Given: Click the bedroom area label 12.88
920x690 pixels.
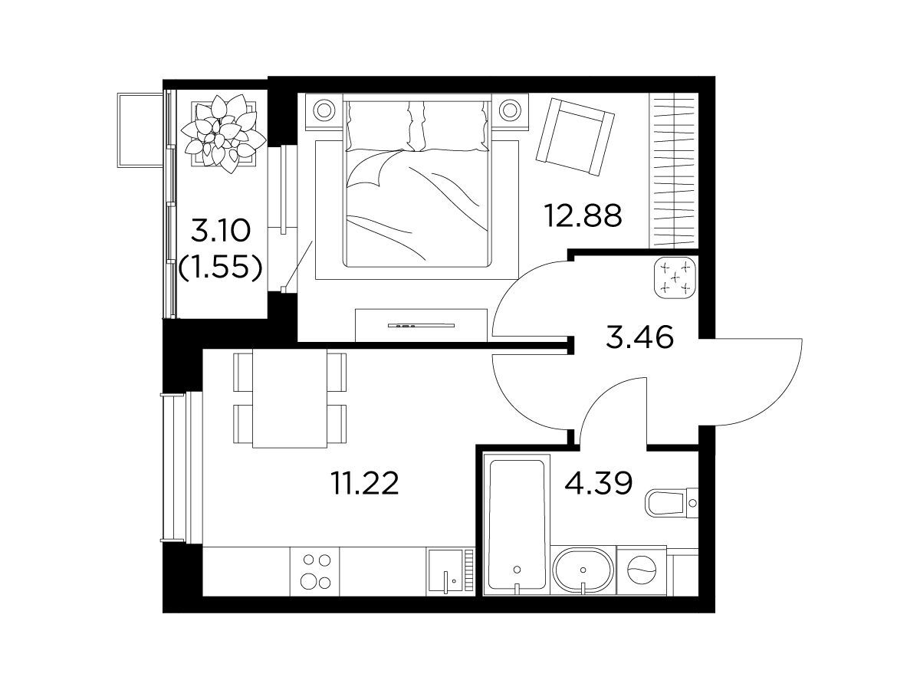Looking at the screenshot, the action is click(x=583, y=215).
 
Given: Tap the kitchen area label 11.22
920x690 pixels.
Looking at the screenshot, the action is click(x=365, y=483).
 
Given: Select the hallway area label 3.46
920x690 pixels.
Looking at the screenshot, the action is click(x=639, y=337).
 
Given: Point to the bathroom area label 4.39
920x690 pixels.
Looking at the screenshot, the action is click(x=598, y=483).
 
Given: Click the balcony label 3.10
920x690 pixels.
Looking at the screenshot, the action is click(x=221, y=231).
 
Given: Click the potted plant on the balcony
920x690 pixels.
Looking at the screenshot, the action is click(x=223, y=133).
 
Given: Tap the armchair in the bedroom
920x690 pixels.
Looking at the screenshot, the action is click(x=575, y=136).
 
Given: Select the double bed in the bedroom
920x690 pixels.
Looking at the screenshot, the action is click(x=417, y=180).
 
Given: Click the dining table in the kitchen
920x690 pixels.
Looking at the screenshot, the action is click(x=289, y=398).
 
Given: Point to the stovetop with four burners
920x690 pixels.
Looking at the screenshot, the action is click(x=315, y=571).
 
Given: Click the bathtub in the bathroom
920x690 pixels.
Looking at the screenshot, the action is click(x=517, y=524).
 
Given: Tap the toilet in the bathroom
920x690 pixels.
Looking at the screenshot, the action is click(x=672, y=503).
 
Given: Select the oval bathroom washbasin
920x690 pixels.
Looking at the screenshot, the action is click(x=583, y=570).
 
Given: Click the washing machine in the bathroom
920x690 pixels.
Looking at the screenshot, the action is click(x=641, y=570).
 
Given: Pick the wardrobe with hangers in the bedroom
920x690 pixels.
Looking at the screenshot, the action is click(x=674, y=170).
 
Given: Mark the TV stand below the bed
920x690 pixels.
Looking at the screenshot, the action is click(x=421, y=325).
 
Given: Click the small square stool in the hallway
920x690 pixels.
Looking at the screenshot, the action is click(x=675, y=278).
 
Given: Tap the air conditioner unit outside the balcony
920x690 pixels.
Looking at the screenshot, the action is click(x=140, y=130).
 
